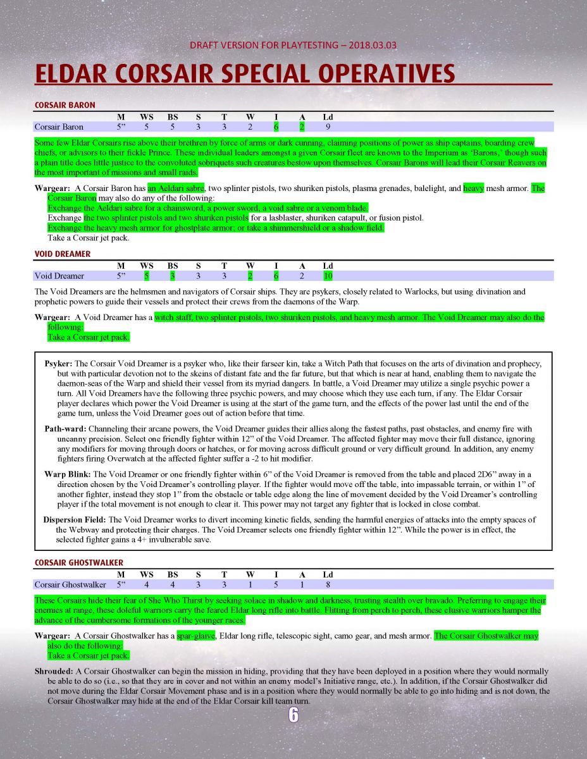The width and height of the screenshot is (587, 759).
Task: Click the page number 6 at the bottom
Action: (x=293, y=715)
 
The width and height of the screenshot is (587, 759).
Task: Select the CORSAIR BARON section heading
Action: (x=65, y=105)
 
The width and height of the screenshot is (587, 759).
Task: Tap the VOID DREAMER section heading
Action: (x=62, y=254)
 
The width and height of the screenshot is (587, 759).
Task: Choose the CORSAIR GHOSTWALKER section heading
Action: (x=78, y=562)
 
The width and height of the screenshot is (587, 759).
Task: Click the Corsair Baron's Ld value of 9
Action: (x=328, y=126)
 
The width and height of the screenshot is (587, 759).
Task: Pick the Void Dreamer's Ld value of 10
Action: (x=328, y=276)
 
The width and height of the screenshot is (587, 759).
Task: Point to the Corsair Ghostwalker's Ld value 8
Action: (x=328, y=584)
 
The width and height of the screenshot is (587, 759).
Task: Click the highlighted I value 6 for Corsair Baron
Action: (x=276, y=126)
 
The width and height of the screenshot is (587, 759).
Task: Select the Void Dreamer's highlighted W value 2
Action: (x=250, y=276)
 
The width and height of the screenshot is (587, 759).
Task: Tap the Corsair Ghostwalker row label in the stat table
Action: (x=70, y=584)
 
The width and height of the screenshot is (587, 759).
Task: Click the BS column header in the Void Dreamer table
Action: (x=172, y=266)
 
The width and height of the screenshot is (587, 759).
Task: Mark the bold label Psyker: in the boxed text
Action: (x=59, y=364)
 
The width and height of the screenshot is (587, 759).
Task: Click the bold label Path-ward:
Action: (x=65, y=429)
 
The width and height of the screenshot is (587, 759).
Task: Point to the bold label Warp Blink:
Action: (x=68, y=474)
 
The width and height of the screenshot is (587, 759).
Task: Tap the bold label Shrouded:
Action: (x=53, y=670)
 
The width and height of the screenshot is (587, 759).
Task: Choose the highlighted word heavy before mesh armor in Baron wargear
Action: (x=473, y=188)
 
